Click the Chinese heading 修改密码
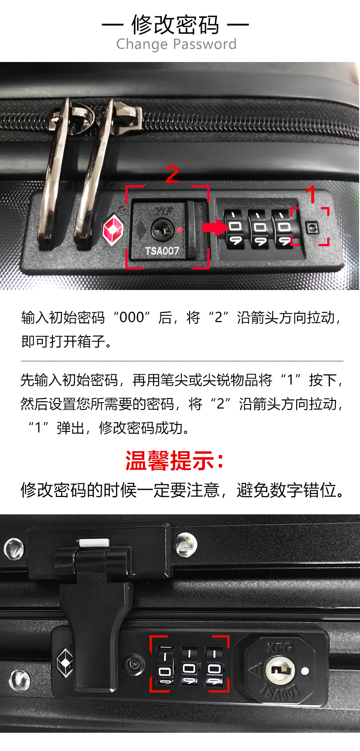[x=175, y=25]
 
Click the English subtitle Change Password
[x=176, y=44]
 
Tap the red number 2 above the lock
[x=172, y=174]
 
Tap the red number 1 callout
[x=311, y=194]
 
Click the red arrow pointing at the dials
[x=216, y=228]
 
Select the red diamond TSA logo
[x=113, y=230]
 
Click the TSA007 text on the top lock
[x=162, y=251]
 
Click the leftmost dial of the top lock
[x=235, y=228]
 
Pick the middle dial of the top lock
[x=258, y=228]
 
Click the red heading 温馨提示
[x=174, y=461]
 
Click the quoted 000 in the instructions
[x=132, y=317]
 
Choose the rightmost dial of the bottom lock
[x=214, y=666]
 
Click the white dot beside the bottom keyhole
[x=305, y=671]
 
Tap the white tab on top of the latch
[x=94, y=543]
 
